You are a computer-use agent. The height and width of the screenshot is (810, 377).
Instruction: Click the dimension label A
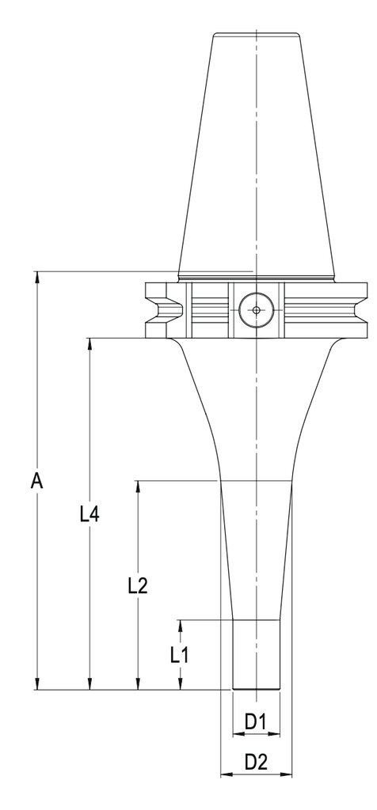pos(36,482)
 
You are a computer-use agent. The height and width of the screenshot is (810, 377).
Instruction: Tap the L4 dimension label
pos(89,514)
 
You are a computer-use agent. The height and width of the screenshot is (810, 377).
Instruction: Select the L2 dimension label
pos(138,585)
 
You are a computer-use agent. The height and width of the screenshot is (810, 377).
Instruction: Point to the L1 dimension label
pos(180,655)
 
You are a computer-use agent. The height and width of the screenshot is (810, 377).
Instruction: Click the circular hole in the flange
pos(256,310)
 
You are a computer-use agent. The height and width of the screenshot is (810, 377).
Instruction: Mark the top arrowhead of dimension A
pos(36,277)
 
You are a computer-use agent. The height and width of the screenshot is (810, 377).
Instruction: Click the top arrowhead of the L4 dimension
pos(90,344)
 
